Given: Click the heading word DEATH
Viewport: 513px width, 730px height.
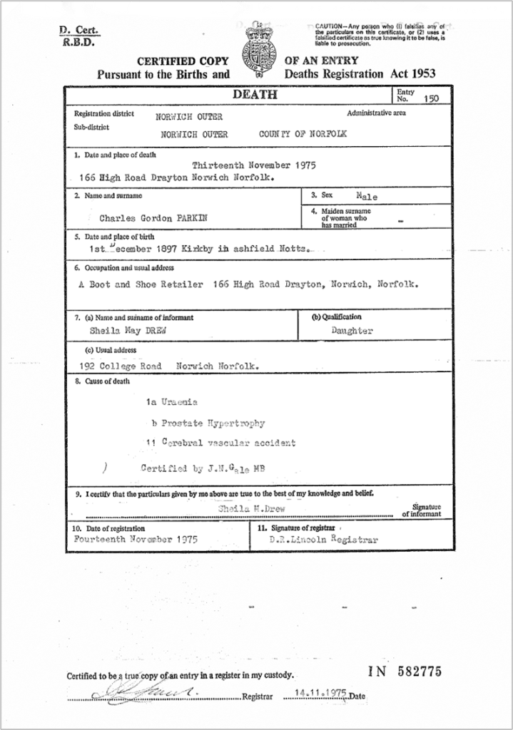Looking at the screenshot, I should click(x=255, y=95).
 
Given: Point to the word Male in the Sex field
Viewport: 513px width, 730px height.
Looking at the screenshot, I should click(x=367, y=195).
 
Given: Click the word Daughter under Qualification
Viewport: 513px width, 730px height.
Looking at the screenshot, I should click(x=352, y=331).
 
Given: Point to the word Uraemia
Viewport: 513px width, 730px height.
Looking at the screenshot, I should click(x=178, y=403).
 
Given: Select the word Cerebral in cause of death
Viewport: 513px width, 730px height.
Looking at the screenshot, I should click(x=183, y=443).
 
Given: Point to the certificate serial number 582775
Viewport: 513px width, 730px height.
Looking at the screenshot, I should click(x=416, y=672).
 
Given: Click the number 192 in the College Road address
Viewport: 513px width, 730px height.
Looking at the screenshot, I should click(x=90, y=366).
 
